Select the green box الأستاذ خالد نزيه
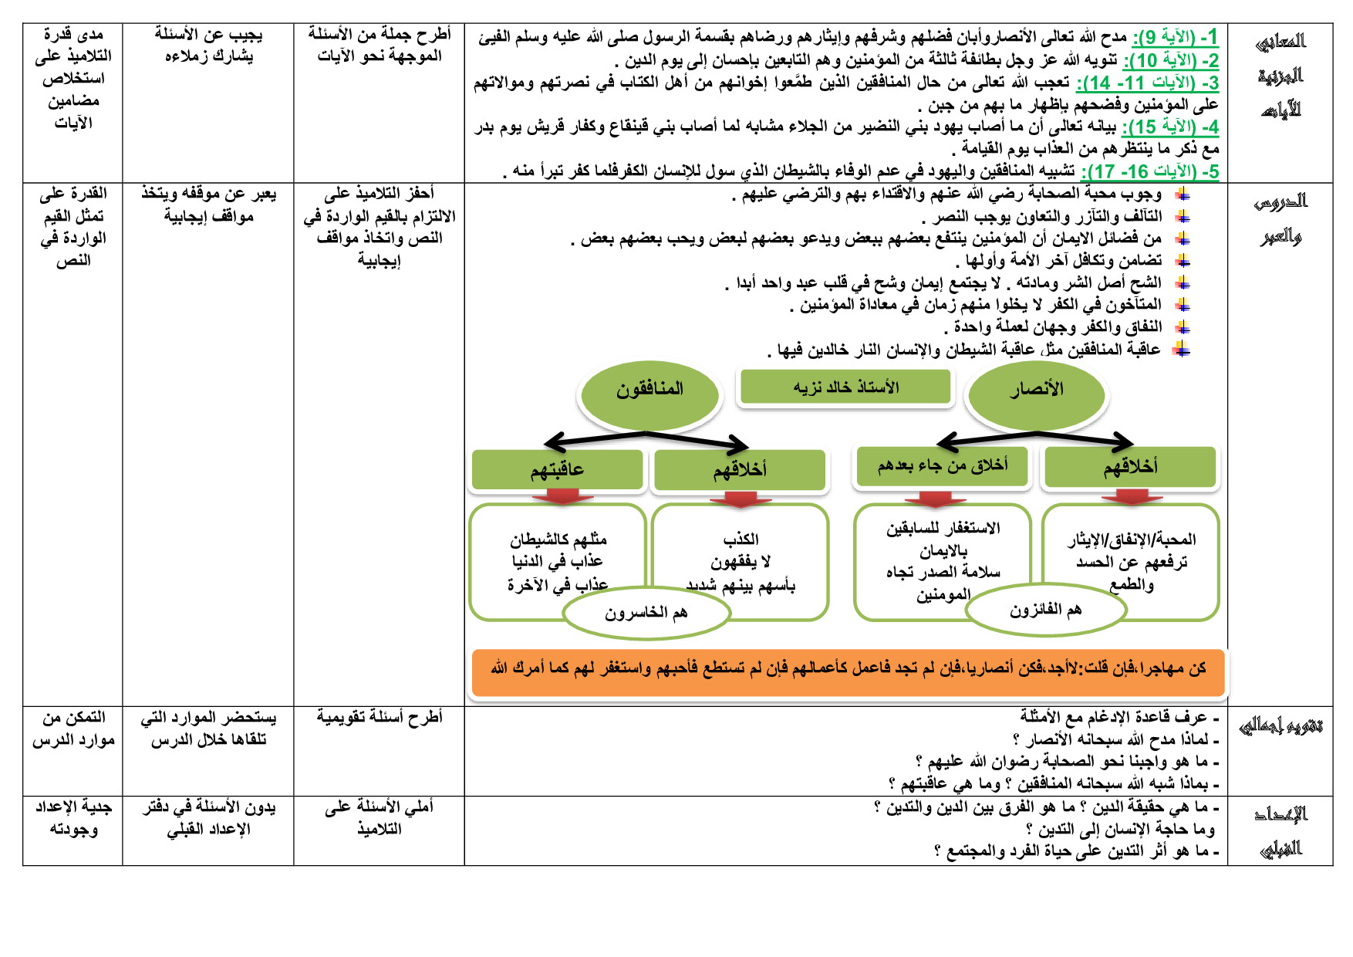(845, 387)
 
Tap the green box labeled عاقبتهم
(557, 469)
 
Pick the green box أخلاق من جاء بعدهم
(942, 466)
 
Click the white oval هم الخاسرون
(646, 614)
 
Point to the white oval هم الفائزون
(1045, 610)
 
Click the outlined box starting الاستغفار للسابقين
(942, 550)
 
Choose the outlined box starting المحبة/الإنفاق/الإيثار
(1131, 550)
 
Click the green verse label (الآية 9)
(1175, 37)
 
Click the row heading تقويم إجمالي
(1280, 726)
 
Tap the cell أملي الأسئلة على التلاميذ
(379, 818)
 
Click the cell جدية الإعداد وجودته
(73, 818)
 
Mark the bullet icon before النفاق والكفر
(1183, 328)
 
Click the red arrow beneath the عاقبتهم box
(563, 497)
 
